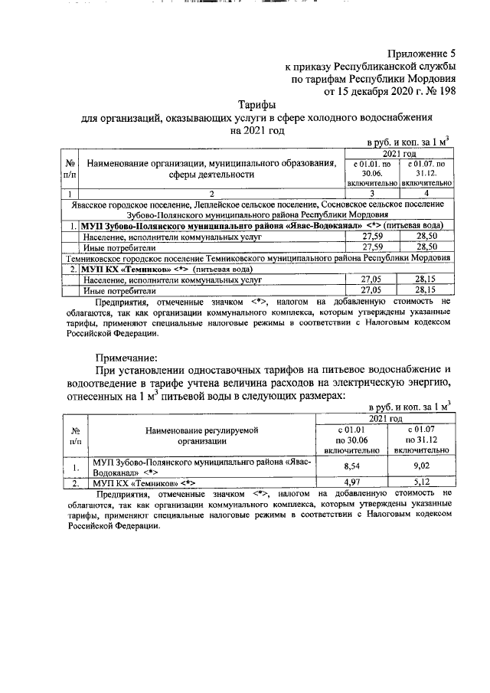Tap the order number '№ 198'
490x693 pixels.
[439, 91]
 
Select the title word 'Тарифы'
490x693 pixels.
[257, 105]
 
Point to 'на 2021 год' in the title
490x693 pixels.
[257, 130]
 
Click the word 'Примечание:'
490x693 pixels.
[127, 358]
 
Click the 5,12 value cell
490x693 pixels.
[424, 483]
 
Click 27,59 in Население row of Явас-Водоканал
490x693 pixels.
[371, 237]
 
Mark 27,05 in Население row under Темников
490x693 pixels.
[371, 280]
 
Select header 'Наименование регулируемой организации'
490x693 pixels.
[202, 436]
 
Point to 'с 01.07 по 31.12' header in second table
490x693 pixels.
[424, 440]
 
